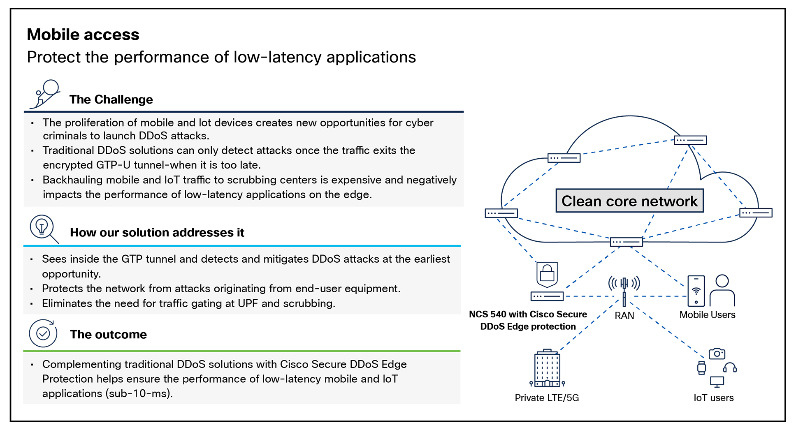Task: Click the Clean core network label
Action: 629,201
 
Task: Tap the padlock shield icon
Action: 547,274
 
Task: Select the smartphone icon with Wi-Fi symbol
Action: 696,291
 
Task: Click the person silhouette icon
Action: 722,290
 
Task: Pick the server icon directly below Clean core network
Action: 626,242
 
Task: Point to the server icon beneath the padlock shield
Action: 547,296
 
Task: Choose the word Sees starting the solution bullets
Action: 53,259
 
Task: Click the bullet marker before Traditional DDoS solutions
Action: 32,151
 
